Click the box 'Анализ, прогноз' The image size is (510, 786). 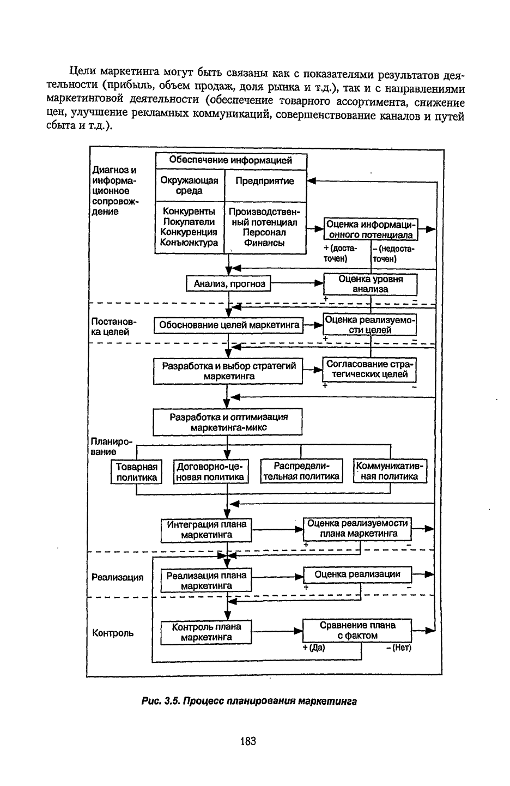(228, 283)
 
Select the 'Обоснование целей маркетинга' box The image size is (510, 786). (229, 325)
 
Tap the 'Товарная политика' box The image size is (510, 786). (136, 472)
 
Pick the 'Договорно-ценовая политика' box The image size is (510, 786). (211, 472)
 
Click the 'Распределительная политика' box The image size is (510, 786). (302, 471)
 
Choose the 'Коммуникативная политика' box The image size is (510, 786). (390, 471)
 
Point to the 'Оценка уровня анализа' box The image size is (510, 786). (371, 284)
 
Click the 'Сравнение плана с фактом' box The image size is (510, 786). (357, 631)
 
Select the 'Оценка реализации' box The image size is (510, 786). (357, 575)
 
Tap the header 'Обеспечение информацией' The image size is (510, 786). (231, 160)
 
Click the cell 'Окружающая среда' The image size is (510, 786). (190, 186)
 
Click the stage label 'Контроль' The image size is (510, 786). (113, 633)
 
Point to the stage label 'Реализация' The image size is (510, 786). (118, 577)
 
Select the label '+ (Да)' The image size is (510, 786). (314, 648)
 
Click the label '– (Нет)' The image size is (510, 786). (399, 648)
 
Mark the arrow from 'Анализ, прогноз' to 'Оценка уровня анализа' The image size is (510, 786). (297, 283)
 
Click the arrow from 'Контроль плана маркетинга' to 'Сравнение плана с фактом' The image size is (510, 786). (277, 631)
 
